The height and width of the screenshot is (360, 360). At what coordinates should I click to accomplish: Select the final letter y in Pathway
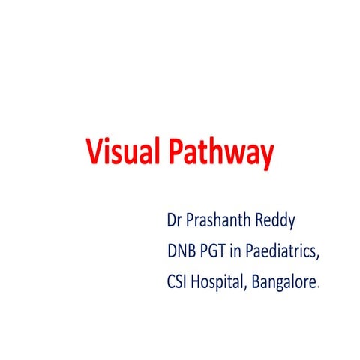265,157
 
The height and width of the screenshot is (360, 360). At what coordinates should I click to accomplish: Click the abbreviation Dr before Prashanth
175,223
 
